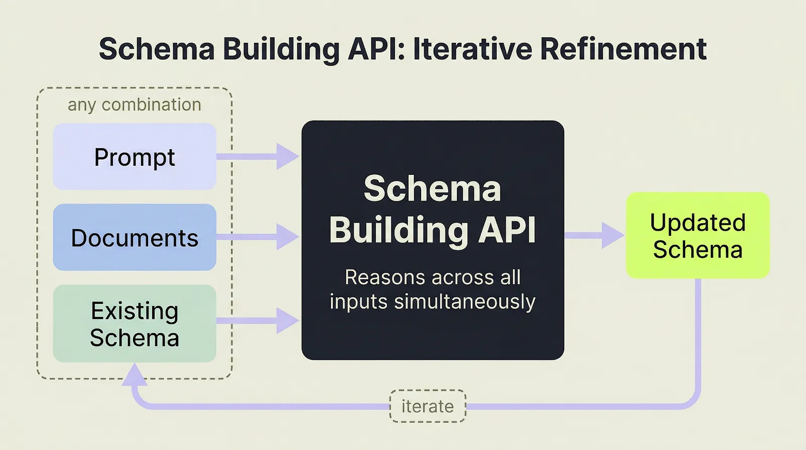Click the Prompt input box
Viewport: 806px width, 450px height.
(135, 157)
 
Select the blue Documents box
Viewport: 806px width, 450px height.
(135, 237)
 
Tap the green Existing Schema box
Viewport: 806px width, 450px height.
(135, 324)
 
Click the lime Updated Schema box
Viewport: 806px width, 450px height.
(698, 235)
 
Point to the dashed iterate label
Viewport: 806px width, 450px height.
(428, 406)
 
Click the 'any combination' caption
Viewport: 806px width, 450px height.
(135, 105)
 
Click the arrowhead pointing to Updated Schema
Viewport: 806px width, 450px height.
(612, 235)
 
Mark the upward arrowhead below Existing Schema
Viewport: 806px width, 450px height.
(135, 375)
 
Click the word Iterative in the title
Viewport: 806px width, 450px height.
(473, 49)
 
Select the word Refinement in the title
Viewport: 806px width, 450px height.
(623, 49)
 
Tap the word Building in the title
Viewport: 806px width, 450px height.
(281, 49)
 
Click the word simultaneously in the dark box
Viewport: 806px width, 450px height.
(464, 302)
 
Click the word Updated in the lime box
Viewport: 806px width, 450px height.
(698, 223)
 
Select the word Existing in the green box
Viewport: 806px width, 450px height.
(135, 311)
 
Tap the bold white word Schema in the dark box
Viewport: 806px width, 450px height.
(432, 188)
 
